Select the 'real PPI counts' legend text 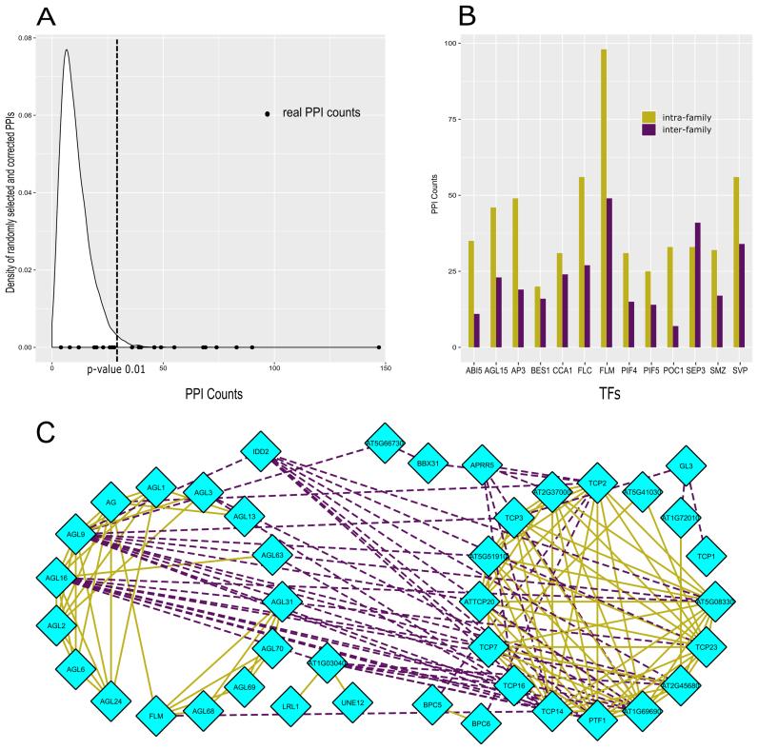click(321, 113)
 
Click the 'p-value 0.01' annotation click(115, 366)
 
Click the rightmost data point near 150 click(379, 347)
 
